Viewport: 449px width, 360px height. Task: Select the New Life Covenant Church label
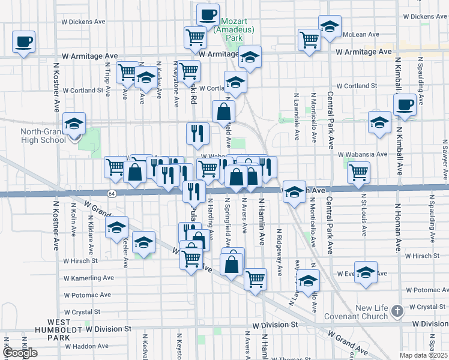coord(356,312)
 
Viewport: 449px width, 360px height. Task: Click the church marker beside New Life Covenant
coord(396,311)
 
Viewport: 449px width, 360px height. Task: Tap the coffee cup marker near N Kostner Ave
coord(24,42)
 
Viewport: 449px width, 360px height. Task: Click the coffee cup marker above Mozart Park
coord(208,14)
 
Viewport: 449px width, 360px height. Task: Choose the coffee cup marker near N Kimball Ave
coord(405,105)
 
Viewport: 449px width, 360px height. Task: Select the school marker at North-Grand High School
coord(74,124)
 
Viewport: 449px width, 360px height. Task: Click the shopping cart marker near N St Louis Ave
coord(358,172)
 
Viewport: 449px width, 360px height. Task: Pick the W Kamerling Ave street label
coord(90,278)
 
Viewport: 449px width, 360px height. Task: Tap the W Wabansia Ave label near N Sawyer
coord(365,154)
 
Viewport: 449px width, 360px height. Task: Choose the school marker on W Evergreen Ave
coord(366,272)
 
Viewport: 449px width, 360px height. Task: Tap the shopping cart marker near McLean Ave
coord(309,40)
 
